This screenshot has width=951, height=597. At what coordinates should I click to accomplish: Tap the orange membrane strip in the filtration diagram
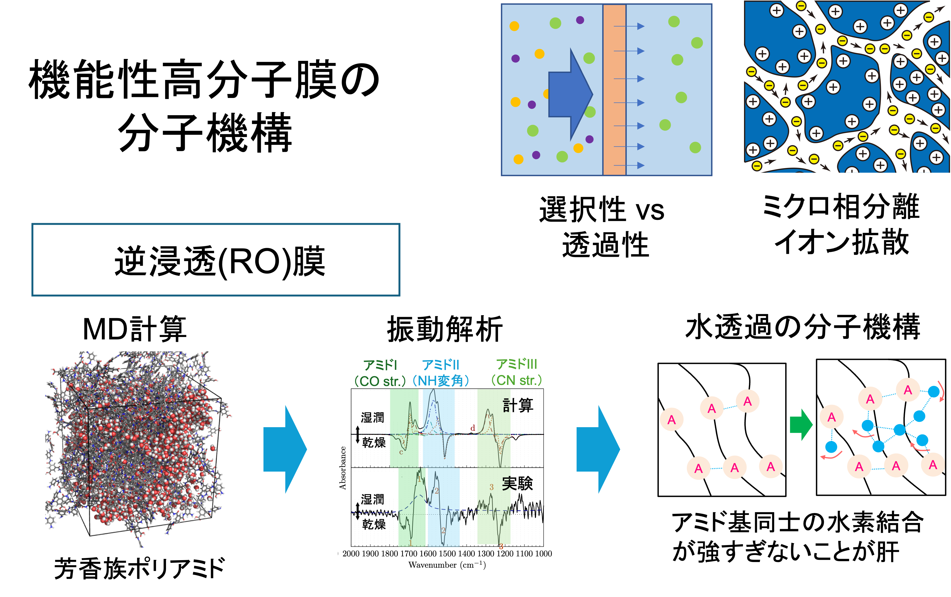click(614, 90)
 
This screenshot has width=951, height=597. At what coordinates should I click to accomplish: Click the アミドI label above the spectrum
click(380, 365)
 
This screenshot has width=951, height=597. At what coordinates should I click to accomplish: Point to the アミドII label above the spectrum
click(441, 365)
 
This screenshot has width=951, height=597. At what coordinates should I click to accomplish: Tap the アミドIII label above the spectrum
click(517, 364)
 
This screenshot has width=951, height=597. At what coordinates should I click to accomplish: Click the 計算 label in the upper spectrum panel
click(518, 405)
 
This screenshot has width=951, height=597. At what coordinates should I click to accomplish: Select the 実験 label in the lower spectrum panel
click(517, 483)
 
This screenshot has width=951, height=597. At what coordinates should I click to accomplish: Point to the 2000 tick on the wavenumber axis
click(351, 554)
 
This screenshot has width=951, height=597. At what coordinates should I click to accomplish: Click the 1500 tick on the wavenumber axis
click(447, 554)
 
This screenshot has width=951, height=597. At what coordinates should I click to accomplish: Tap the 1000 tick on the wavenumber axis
click(544, 554)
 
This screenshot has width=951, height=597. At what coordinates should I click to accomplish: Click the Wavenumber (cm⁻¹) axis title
click(447, 565)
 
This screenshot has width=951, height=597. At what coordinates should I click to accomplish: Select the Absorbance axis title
click(343, 468)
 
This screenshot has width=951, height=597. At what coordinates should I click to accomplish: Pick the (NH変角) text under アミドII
click(441, 381)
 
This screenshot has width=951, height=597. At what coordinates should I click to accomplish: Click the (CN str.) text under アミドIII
click(517, 380)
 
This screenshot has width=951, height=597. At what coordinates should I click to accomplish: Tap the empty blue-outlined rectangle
click(216, 260)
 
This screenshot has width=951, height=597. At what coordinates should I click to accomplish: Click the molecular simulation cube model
click(138, 448)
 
